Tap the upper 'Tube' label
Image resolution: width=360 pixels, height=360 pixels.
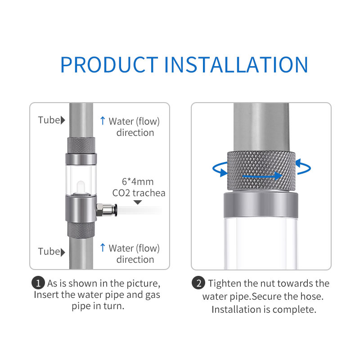pos(49,120)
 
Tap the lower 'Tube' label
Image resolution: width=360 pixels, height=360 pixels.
pos(49,251)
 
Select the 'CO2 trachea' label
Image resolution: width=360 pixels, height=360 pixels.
pos(139,193)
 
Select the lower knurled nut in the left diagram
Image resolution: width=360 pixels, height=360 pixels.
pos(81,230)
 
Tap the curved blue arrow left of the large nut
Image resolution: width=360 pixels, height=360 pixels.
pos(219,170)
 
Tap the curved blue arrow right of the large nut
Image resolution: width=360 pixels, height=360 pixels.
pos(303,167)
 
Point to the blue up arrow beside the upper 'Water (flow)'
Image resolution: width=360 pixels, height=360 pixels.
pos(102,121)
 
